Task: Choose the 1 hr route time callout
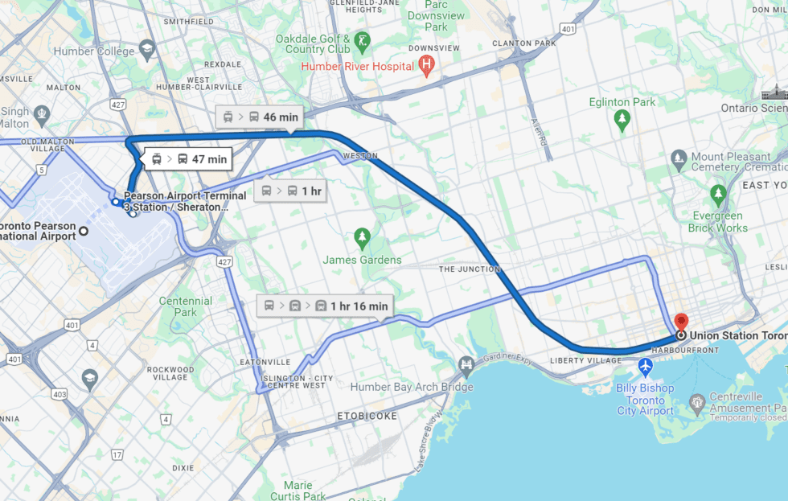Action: (x=290, y=191)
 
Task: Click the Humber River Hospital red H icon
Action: (x=427, y=66)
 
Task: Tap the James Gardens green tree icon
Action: (x=362, y=238)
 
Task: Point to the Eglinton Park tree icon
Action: (x=622, y=121)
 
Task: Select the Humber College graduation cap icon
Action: (x=147, y=51)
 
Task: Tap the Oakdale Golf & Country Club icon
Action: (x=363, y=40)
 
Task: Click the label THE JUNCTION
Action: (x=470, y=269)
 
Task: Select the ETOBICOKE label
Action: (x=367, y=417)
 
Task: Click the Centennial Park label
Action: (x=186, y=306)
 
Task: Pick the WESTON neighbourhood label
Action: (x=359, y=155)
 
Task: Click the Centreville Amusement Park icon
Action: (x=696, y=400)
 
